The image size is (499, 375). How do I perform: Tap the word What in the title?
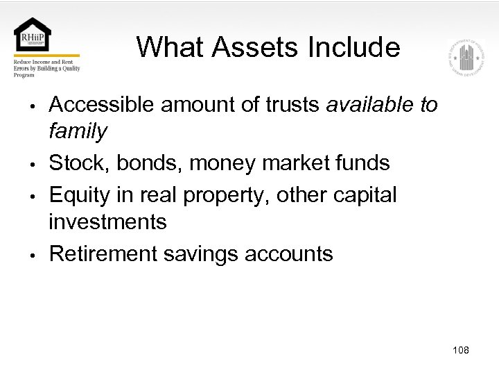(x=170, y=47)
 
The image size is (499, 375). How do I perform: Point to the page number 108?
(x=460, y=350)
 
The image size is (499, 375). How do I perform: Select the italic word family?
(x=78, y=131)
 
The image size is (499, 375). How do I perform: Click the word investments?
(x=107, y=222)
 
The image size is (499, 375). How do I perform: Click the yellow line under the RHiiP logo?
(x=46, y=56)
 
